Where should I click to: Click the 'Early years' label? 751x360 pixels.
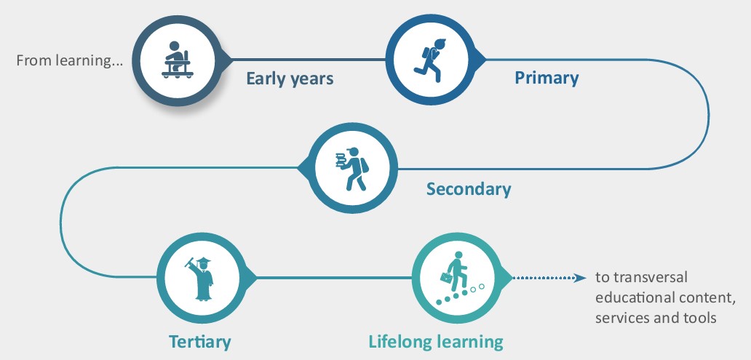coord(290,79)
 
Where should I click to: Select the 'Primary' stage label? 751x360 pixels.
coord(547,78)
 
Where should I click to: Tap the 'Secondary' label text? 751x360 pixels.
coord(469,189)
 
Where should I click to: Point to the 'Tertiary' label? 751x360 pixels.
coord(199,342)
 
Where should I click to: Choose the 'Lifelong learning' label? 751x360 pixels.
coord(436,342)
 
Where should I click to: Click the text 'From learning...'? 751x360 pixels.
coord(70,61)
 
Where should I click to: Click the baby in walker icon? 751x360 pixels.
coord(178,60)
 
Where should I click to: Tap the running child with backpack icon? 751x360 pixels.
coord(429,60)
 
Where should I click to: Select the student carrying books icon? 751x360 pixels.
coord(352,169)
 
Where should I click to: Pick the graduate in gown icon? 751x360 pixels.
coord(201,279)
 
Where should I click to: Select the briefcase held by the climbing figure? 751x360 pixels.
coord(446,277)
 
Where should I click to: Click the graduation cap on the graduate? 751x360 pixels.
coord(204,260)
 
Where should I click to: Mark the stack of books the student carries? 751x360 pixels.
coord(341,159)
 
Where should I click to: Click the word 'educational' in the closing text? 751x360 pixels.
coord(635,297)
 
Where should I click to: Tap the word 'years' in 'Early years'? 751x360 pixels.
coord(311,79)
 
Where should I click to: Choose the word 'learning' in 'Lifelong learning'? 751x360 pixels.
coord(470,343)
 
